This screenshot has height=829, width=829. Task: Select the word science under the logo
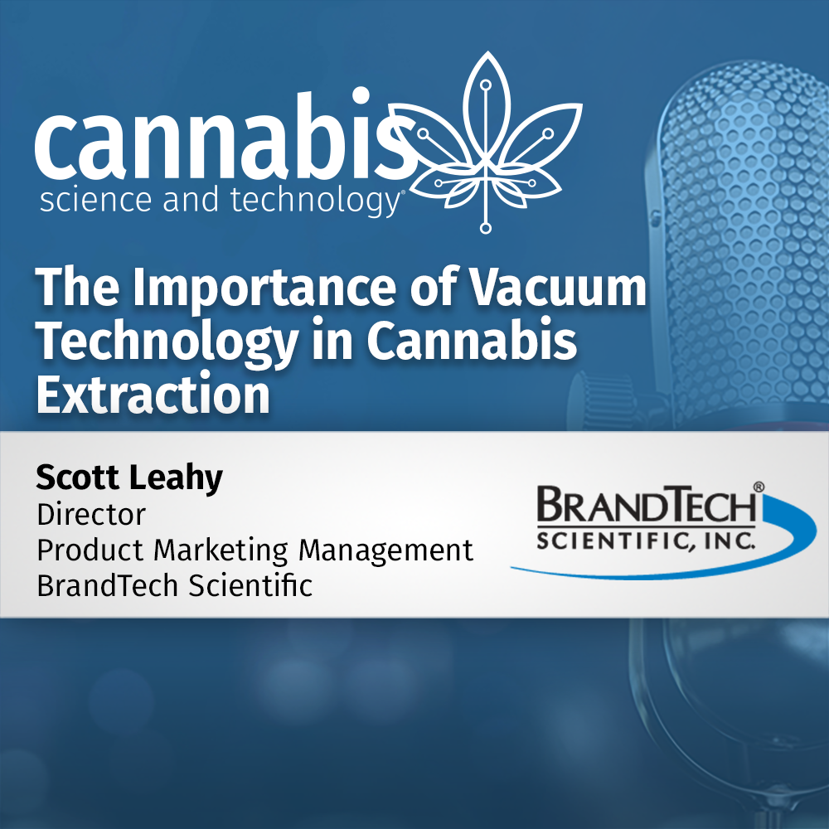90,201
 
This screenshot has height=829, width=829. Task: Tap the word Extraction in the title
153,395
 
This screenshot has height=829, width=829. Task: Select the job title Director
91,515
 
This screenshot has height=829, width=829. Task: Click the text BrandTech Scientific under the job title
174,586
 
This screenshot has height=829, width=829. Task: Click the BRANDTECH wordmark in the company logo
647,507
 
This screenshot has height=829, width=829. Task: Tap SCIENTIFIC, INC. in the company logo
646,540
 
